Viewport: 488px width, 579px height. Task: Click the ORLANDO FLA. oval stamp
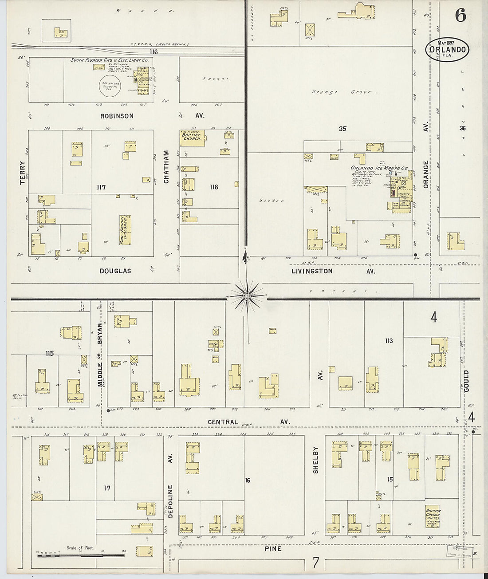448,49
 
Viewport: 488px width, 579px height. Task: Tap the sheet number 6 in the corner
460,16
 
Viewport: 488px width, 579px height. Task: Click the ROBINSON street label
117,116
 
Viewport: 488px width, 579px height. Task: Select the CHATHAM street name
167,166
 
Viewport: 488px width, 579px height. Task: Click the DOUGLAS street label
115,271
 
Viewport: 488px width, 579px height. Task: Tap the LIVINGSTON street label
312,271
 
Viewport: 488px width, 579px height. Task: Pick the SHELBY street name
316,460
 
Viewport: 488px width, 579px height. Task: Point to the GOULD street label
466,381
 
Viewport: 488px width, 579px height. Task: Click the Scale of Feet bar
81,555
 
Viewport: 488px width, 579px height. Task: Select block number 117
101,188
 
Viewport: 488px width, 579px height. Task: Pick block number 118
214,187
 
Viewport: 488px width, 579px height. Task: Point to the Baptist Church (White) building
433,516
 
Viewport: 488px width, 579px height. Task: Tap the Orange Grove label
343,92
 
